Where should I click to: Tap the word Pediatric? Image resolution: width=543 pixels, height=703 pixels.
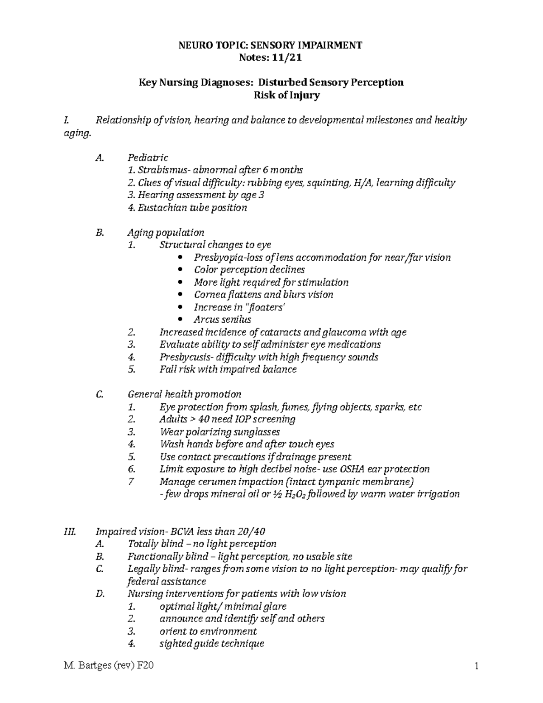[148, 158]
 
